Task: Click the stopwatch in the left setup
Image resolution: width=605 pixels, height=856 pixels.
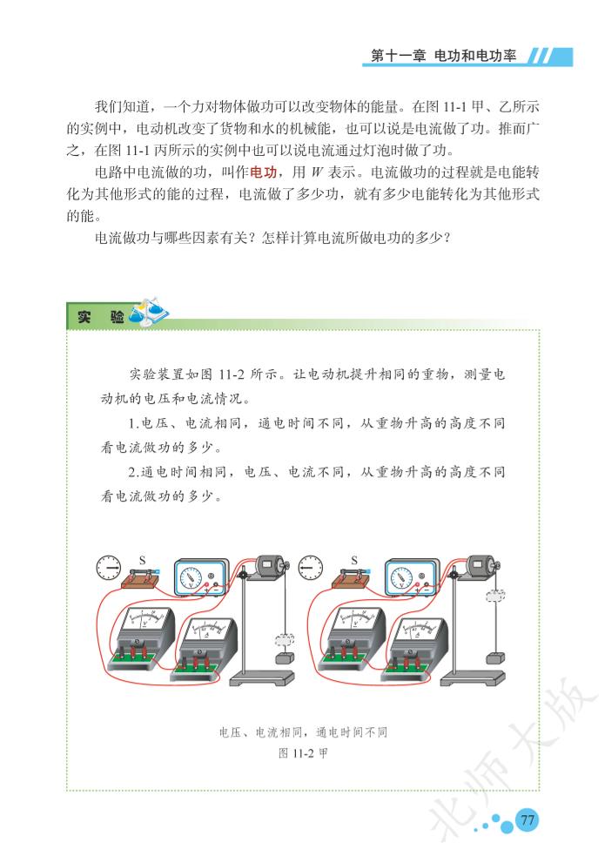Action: click(x=109, y=568)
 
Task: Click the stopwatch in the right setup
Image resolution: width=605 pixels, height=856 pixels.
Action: click(x=311, y=568)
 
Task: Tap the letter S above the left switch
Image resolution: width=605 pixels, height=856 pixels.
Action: click(x=143, y=560)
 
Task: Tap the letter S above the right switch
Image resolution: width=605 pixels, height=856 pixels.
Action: click(x=354, y=560)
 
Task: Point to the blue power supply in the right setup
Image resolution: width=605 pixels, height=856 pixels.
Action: click(x=412, y=576)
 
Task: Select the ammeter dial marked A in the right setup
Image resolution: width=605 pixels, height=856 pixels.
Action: click(x=417, y=630)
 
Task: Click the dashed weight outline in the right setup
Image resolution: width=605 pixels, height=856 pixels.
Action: click(x=495, y=596)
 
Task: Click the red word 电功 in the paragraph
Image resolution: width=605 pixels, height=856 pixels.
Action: click(x=264, y=172)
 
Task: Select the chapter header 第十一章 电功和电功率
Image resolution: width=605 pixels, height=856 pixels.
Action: click(x=443, y=56)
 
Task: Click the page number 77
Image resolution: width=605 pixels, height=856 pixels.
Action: click(x=527, y=820)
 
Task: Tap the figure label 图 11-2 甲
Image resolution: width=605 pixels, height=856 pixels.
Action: click(x=303, y=753)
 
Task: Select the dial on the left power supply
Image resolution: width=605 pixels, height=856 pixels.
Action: click(x=192, y=577)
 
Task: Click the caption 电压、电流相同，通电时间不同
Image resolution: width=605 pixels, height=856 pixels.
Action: click(x=303, y=732)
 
